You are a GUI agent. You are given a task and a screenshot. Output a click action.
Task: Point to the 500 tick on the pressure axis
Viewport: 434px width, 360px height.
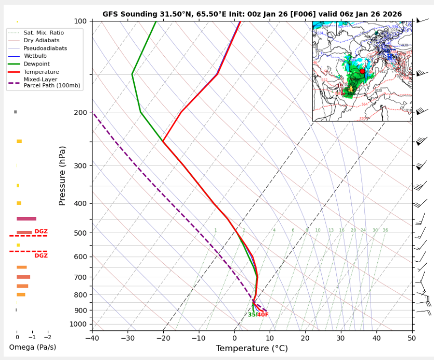point(80,233)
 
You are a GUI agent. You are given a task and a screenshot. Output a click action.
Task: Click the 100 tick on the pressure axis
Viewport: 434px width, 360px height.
point(80,21)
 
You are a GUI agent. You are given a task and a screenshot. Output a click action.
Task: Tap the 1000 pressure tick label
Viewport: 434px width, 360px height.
point(78,324)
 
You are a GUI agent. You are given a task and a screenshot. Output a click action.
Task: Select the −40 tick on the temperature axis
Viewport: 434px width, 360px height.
point(92,338)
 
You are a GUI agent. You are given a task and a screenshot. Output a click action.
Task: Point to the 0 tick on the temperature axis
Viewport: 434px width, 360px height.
point(234,338)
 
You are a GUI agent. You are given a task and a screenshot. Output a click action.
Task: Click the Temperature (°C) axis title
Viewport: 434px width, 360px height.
point(252,348)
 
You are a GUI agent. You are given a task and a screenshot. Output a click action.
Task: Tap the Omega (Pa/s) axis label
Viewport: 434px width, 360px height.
point(32,347)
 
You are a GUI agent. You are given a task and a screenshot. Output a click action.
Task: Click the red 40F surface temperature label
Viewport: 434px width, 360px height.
point(263,315)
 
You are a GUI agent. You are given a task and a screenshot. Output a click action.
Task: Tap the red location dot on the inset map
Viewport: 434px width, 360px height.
point(362,71)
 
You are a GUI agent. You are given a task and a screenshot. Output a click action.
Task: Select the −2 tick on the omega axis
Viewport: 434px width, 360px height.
point(47,338)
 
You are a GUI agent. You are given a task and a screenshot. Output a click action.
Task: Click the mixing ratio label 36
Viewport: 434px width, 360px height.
point(385,230)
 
